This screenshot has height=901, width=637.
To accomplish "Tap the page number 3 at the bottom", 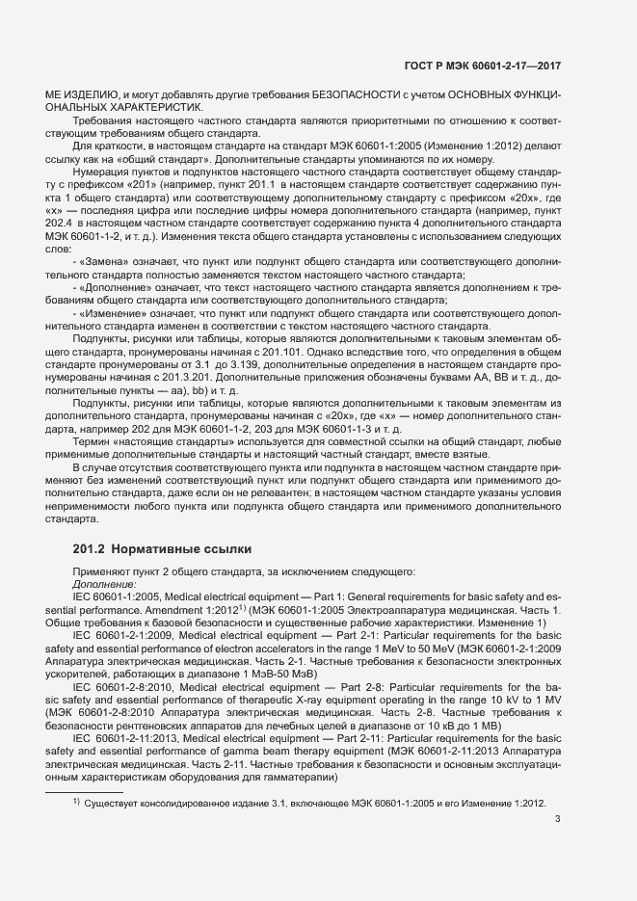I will click(558, 820).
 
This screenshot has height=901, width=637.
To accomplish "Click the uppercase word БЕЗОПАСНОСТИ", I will click(353, 93).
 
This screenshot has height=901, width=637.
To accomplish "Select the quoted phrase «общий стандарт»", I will click(168, 157).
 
